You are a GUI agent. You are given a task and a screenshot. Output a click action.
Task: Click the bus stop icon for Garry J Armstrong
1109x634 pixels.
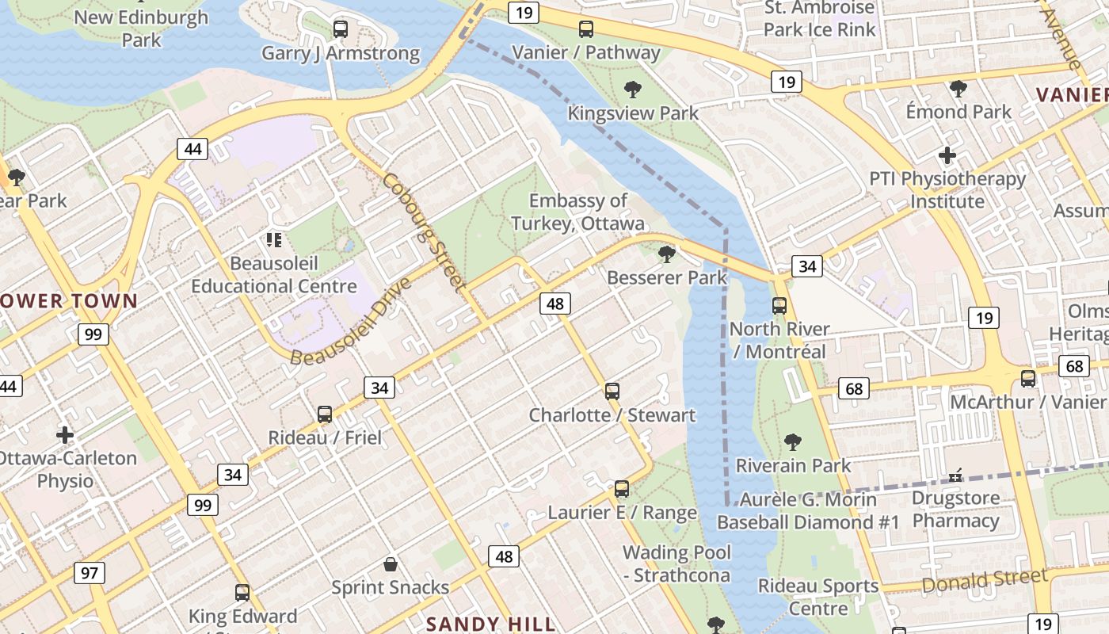click(341, 29)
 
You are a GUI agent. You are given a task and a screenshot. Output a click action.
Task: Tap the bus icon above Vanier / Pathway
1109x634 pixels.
click(586, 29)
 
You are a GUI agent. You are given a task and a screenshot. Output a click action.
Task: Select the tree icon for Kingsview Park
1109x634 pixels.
click(632, 89)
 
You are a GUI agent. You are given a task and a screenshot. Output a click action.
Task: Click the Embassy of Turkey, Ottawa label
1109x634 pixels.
click(577, 212)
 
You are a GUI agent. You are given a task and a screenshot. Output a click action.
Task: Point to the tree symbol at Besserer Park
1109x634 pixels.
click(667, 254)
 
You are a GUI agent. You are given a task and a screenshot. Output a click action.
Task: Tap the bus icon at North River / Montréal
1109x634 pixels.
click(779, 306)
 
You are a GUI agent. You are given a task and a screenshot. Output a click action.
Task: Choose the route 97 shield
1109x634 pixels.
click(90, 572)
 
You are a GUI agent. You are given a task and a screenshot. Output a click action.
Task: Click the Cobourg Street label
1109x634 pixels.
click(423, 231)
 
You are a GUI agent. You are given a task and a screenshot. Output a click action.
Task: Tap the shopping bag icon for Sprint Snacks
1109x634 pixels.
click(390, 564)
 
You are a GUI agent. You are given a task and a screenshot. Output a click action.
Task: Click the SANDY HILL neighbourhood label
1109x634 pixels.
click(491, 624)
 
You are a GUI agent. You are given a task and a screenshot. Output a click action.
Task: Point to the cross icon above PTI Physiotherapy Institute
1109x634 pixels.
click(947, 155)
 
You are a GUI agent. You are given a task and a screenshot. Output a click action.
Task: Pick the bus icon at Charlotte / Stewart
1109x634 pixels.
click(612, 391)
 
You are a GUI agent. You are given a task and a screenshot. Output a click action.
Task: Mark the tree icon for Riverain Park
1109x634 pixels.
click(792, 442)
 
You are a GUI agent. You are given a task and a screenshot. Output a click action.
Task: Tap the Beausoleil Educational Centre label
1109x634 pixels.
click(274, 274)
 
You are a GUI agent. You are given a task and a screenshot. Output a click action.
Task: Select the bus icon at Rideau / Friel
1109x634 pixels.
click(325, 414)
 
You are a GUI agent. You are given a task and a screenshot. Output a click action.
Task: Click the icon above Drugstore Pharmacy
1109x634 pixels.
click(955, 475)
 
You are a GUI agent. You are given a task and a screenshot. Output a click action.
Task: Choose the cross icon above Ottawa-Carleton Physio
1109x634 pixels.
click(65, 434)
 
